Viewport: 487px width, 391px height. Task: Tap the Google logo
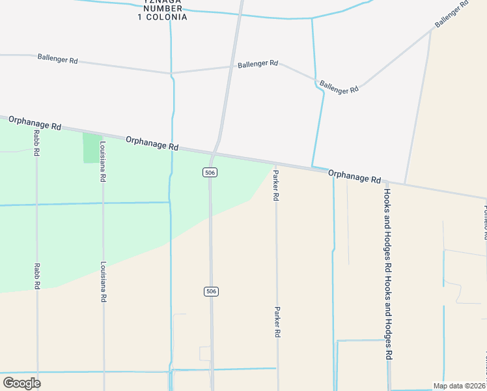tap(21, 383)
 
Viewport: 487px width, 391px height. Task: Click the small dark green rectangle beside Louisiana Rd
tap(91, 148)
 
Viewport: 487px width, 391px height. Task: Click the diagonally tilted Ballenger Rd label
tap(452, 13)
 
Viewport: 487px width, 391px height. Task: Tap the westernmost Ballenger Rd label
tap(57, 59)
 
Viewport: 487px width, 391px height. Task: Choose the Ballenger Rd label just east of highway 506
tap(258, 65)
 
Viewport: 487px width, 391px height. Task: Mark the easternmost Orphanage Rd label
tap(354, 175)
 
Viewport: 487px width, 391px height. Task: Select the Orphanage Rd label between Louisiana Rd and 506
tap(152, 143)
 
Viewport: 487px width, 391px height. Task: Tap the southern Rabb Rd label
tap(37, 276)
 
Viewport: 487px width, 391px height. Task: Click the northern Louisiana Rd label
tap(103, 163)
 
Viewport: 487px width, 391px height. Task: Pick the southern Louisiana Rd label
tap(103, 282)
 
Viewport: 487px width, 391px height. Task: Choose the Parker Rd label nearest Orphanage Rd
tap(276, 185)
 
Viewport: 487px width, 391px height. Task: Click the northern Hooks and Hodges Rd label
tap(387, 222)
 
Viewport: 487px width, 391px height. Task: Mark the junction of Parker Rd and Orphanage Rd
tap(276, 164)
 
